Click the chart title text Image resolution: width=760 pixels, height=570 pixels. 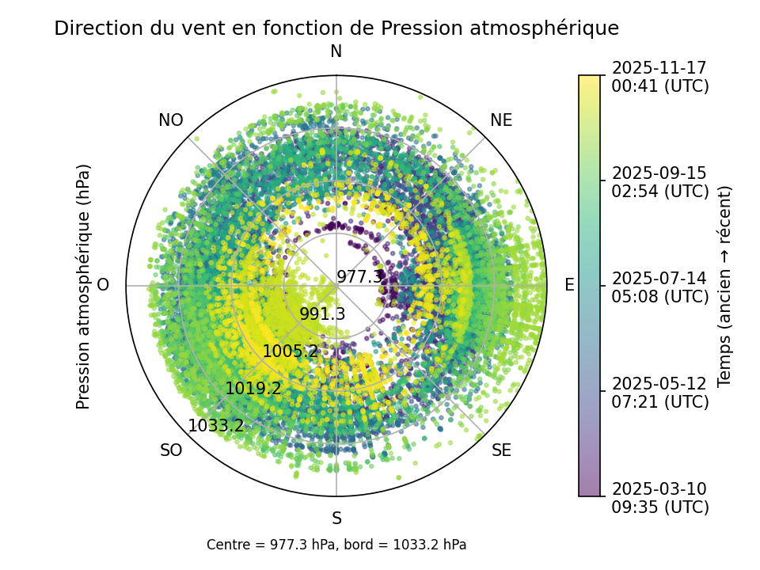click(x=336, y=28)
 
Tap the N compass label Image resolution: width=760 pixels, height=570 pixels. click(x=336, y=51)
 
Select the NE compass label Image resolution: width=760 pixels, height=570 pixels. click(x=501, y=120)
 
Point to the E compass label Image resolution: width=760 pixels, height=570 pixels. click(x=569, y=286)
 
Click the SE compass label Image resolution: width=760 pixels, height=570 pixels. click(x=501, y=450)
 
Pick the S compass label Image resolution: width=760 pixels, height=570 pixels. click(x=336, y=519)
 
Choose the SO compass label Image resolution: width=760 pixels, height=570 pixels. click(x=171, y=450)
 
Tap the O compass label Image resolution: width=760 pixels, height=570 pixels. click(x=103, y=285)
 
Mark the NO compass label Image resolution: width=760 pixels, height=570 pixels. click(x=171, y=120)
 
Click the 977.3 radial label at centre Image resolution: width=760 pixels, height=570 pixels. click(x=359, y=277)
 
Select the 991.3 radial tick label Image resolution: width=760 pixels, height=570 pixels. click(x=322, y=314)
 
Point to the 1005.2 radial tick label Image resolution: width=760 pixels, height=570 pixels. click(x=290, y=351)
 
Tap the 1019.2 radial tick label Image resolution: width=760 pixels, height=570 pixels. click(x=253, y=389)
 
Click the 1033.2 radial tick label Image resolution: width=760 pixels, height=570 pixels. click(x=216, y=426)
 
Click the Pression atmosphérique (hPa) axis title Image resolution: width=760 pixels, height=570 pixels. click(x=84, y=286)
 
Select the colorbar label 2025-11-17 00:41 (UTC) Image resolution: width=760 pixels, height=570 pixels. click(x=659, y=77)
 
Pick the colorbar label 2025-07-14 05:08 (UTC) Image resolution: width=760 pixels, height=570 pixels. click(x=659, y=287)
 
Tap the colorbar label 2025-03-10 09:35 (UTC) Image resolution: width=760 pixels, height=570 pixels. click(x=659, y=498)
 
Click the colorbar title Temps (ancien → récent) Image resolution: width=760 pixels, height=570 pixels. click(x=724, y=286)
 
